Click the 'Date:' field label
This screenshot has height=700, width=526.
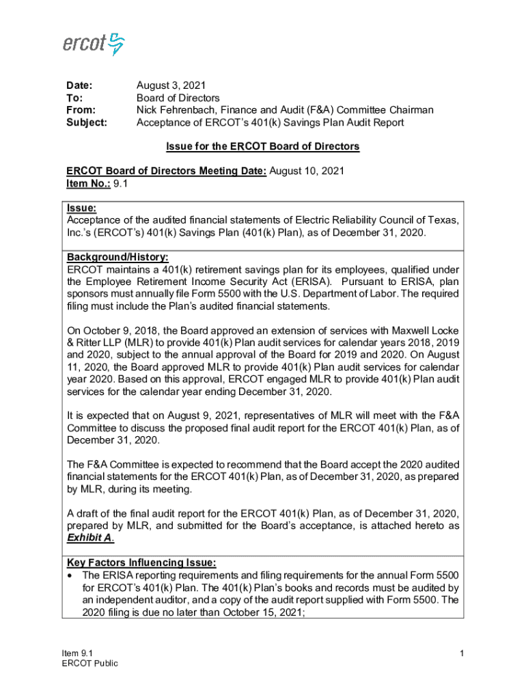(79, 85)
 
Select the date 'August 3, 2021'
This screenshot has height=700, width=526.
(171, 85)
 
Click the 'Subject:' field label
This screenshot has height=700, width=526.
(86, 122)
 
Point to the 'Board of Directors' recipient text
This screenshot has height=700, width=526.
(178, 98)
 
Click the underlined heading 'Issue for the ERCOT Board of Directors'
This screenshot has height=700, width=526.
(263, 146)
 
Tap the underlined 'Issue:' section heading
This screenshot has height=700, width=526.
(81, 208)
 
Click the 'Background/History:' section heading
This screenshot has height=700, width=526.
(117, 257)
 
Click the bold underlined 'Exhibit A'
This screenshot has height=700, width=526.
(89, 538)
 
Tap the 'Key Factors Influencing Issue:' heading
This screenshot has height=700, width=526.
(141, 563)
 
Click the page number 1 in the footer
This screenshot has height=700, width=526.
(462, 654)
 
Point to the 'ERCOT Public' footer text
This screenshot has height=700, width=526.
(89, 663)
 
